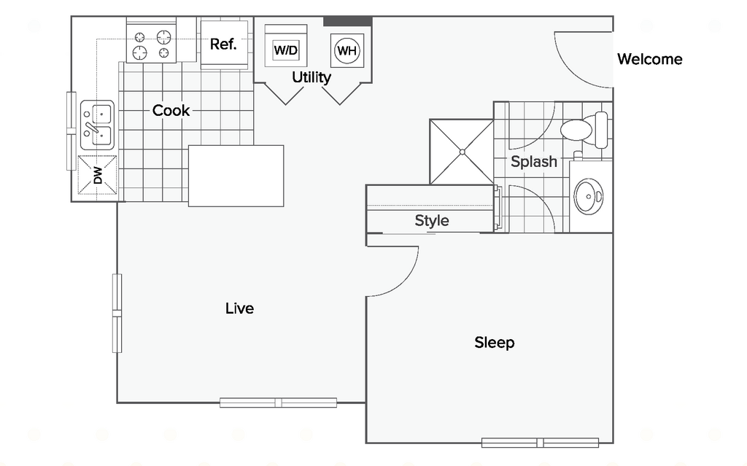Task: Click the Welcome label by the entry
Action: [649, 59]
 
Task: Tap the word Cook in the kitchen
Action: [171, 111]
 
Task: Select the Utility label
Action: [311, 77]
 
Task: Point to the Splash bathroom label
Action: [533, 162]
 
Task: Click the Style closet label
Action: [432, 220]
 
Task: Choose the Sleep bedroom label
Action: [494, 342]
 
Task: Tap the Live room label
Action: [239, 308]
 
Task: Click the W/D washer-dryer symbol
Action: [286, 50]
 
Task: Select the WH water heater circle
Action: [347, 50]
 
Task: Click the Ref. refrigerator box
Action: [223, 44]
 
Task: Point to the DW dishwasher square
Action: [97, 176]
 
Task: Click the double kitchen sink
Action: [97, 125]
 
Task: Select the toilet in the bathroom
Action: [584, 130]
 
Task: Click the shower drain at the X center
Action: [462, 152]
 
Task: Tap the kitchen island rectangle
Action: [236, 176]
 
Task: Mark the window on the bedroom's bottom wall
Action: [540, 442]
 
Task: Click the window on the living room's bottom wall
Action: [278, 402]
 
